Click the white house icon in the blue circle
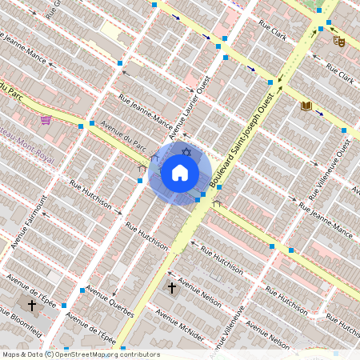click(x=180, y=172)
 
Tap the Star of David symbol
click(x=186, y=152)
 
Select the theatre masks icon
click(x=340, y=40)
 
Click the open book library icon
click(x=306, y=106)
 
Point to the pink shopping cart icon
click(x=46, y=120)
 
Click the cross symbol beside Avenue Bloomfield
click(x=32, y=305)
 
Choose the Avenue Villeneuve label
click(x=228, y=331)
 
